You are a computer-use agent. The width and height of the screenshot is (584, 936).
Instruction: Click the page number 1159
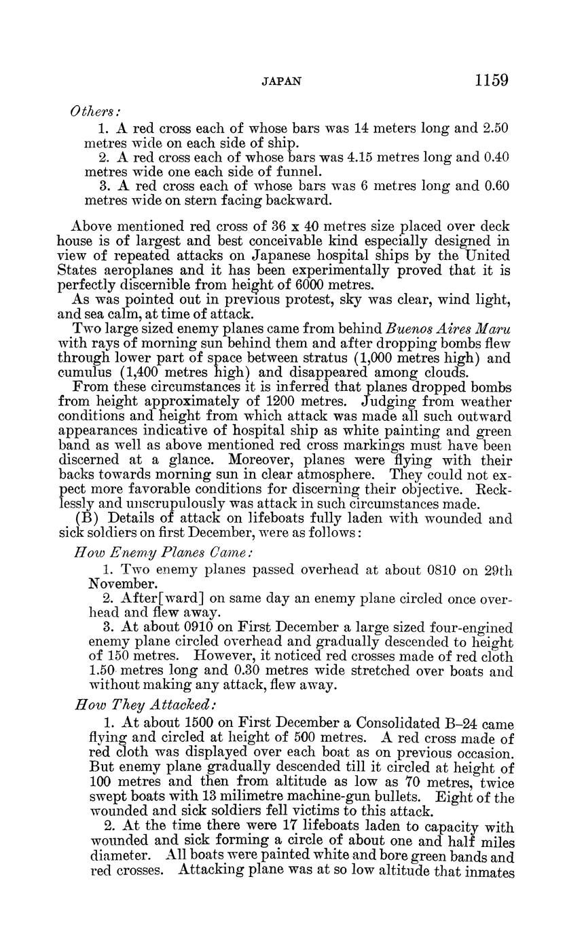coord(492,81)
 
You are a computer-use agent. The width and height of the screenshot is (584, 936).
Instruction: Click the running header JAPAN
coord(281,81)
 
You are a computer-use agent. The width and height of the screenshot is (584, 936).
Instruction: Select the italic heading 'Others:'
coord(95,111)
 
